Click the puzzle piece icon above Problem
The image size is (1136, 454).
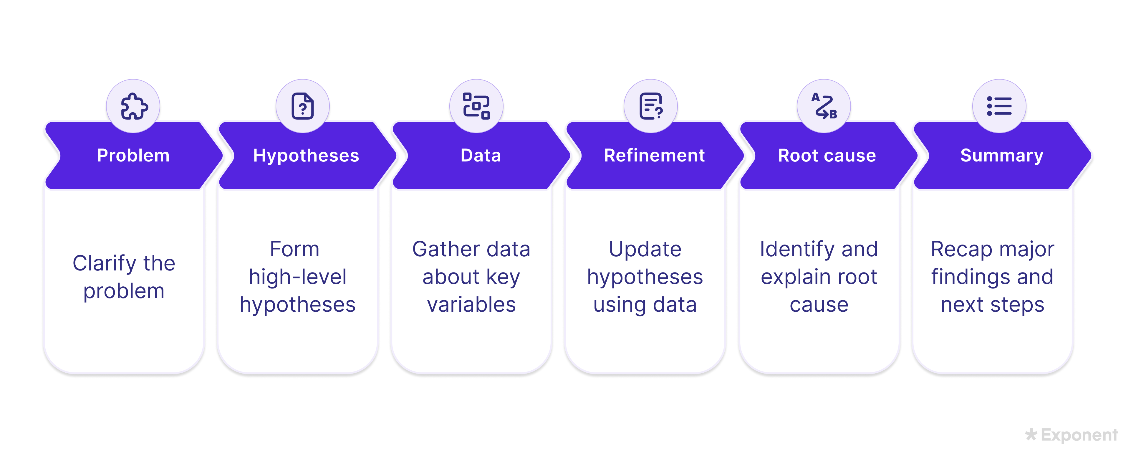click(x=134, y=106)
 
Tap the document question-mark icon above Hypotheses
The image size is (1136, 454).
click(x=302, y=106)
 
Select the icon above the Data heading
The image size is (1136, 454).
click(x=476, y=106)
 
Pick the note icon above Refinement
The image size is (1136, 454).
click(x=650, y=106)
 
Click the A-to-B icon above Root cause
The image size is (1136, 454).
click(x=824, y=106)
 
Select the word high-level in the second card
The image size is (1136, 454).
click(x=298, y=277)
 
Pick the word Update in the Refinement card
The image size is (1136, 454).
click(x=645, y=249)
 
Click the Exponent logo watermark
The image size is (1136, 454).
click(x=1072, y=435)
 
